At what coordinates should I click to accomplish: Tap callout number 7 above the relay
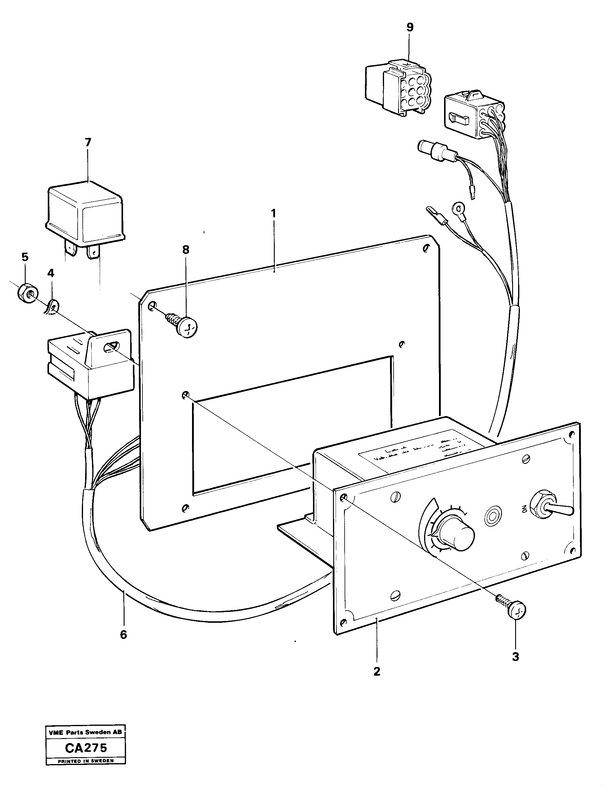[x=88, y=142]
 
